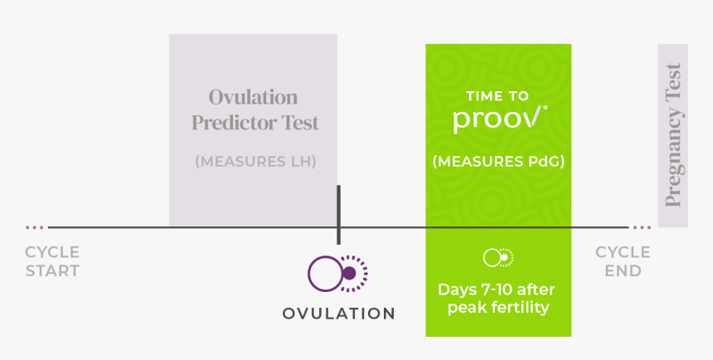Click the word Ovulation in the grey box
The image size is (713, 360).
(x=253, y=97)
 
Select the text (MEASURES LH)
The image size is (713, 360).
(x=255, y=162)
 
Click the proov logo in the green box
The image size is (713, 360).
(x=500, y=119)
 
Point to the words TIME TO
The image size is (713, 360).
(x=497, y=95)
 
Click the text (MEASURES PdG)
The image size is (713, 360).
(x=498, y=162)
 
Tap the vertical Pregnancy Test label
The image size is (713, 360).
(x=673, y=135)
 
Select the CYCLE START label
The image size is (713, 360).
(x=52, y=261)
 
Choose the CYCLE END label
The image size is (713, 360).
(x=623, y=261)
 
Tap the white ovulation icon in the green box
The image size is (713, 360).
(x=498, y=258)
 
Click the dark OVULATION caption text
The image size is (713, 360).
(x=338, y=314)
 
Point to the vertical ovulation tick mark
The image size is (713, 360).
(x=338, y=215)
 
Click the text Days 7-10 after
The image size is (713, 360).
(x=497, y=290)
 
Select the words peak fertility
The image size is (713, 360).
(x=498, y=308)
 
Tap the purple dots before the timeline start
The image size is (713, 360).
(x=35, y=227)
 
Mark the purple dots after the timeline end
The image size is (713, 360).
(x=642, y=227)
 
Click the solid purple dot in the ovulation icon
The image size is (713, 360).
(x=349, y=274)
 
